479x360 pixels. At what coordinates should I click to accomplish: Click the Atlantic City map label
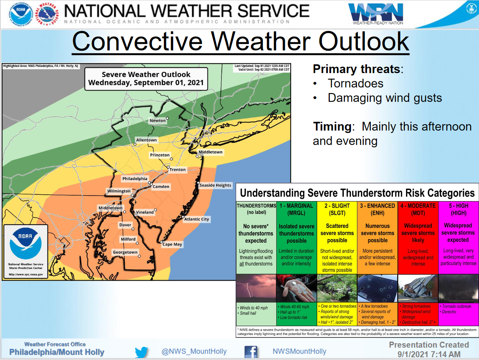pyautogui.click(x=196, y=219)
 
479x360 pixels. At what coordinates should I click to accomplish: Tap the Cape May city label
pyautogui.click(x=172, y=244)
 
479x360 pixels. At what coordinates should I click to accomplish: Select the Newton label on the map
pyautogui.click(x=158, y=121)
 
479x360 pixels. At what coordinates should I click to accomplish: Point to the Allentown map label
pyautogui.click(x=146, y=140)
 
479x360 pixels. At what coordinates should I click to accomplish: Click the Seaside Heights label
pyautogui.click(x=215, y=185)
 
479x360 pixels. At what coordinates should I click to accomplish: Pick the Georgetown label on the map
pyautogui.click(x=125, y=252)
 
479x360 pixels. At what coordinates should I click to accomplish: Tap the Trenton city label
pyautogui.click(x=177, y=170)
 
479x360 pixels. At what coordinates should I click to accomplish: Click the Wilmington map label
pyautogui.click(x=119, y=191)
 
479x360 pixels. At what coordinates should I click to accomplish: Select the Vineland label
pyautogui.click(x=144, y=212)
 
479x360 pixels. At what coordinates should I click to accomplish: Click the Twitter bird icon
pyautogui.click(x=141, y=352)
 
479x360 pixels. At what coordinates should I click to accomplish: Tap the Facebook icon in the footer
pyautogui.click(x=250, y=352)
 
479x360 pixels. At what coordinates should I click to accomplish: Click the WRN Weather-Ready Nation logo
pyautogui.click(x=376, y=14)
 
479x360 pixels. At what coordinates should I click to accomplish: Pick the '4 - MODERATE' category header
pyautogui.click(x=418, y=209)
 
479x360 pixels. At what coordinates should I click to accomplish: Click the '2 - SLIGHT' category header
pyautogui.click(x=337, y=209)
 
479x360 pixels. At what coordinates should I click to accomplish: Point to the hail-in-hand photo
pyautogui.click(x=296, y=288)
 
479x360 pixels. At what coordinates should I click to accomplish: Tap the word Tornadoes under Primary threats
pyautogui.click(x=355, y=83)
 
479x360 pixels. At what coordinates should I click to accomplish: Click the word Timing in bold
pyautogui.click(x=332, y=127)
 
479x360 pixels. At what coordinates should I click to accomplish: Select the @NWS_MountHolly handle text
pyautogui.click(x=194, y=352)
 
